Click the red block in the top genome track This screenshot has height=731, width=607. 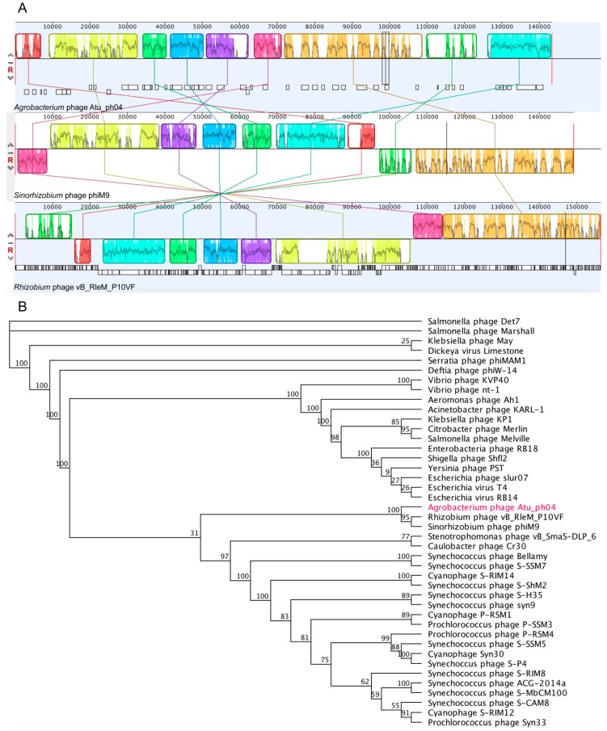[28, 46]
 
